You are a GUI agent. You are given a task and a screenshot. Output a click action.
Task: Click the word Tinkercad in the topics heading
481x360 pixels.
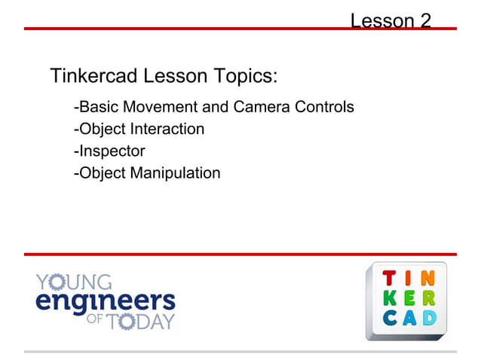click(95, 76)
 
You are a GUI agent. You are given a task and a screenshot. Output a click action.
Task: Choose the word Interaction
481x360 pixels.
click(167, 129)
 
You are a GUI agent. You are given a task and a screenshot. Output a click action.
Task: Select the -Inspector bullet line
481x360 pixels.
click(109, 151)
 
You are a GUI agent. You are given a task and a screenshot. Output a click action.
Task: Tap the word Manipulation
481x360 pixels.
click(176, 173)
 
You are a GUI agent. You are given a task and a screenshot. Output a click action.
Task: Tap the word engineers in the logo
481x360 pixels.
click(105, 301)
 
